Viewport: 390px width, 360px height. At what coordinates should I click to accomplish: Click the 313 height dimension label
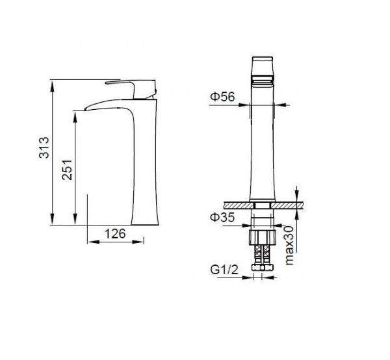(44, 147)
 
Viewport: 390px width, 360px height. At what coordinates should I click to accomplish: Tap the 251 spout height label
(67, 170)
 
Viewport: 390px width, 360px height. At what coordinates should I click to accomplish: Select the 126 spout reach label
(115, 234)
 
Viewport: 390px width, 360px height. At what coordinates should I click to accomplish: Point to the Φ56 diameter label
(222, 97)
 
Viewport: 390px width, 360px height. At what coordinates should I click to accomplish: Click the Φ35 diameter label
(222, 217)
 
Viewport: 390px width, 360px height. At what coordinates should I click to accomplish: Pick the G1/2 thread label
(224, 270)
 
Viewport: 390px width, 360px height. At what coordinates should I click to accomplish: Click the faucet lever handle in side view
(131, 89)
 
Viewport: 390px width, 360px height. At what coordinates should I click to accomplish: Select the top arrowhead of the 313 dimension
(52, 86)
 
